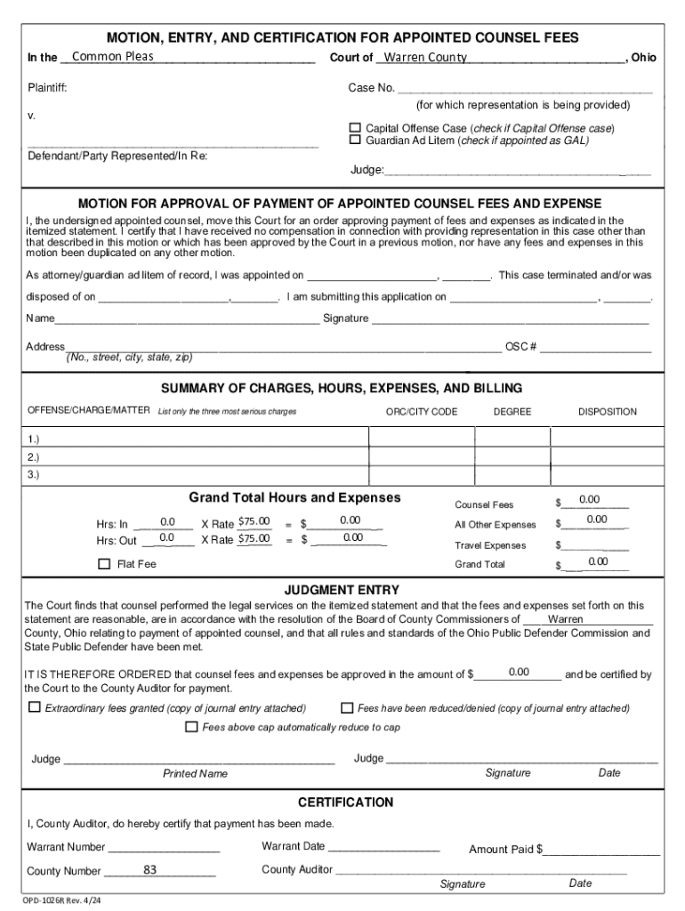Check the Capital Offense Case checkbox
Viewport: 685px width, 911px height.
pyautogui.click(x=355, y=128)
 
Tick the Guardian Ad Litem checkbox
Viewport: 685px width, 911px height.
pyautogui.click(x=355, y=140)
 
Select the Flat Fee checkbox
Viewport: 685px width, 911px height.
pyautogui.click(x=104, y=563)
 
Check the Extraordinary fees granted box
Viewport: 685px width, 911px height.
pyautogui.click(x=35, y=708)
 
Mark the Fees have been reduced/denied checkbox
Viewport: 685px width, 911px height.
pyautogui.click(x=348, y=708)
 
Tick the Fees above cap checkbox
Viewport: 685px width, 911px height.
pyautogui.click(x=191, y=727)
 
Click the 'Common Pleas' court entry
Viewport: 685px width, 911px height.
pyautogui.click(x=113, y=57)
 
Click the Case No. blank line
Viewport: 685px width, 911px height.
pyautogui.click(x=525, y=88)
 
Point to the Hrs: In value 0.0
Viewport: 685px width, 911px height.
pyautogui.click(x=166, y=521)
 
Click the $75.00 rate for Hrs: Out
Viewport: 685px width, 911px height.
pyautogui.click(x=254, y=538)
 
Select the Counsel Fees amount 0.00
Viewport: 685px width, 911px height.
pyautogui.click(x=590, y=499)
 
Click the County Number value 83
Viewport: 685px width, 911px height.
pyautogui.click(x=150, y=869)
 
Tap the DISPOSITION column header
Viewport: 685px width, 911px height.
pyautogui.click(x=607, y=412)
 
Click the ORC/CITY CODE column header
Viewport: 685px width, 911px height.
pyautogui.click(x=422, y=412)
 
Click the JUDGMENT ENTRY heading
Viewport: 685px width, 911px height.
pyautogui.click(x=342, y=590)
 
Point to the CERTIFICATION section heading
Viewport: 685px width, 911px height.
pyautogui.click(x=345, y=802)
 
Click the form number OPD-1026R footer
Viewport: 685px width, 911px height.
pyautogui.click(x=62, y=899)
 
